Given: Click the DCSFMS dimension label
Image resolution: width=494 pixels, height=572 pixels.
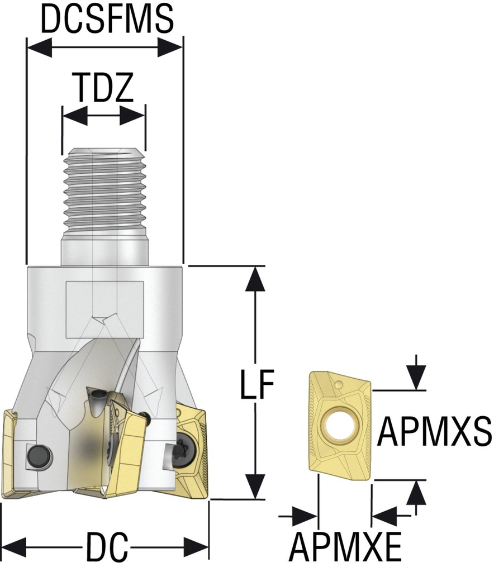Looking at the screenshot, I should [106, 20].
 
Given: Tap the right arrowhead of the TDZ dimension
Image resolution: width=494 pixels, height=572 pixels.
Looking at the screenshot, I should [133, 116].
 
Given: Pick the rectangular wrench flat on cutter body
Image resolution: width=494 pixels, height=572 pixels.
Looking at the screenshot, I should [104, 310].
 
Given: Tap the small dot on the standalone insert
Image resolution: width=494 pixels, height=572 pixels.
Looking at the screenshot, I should [339, 385].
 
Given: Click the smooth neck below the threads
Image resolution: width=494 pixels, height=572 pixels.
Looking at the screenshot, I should [104, 249].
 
